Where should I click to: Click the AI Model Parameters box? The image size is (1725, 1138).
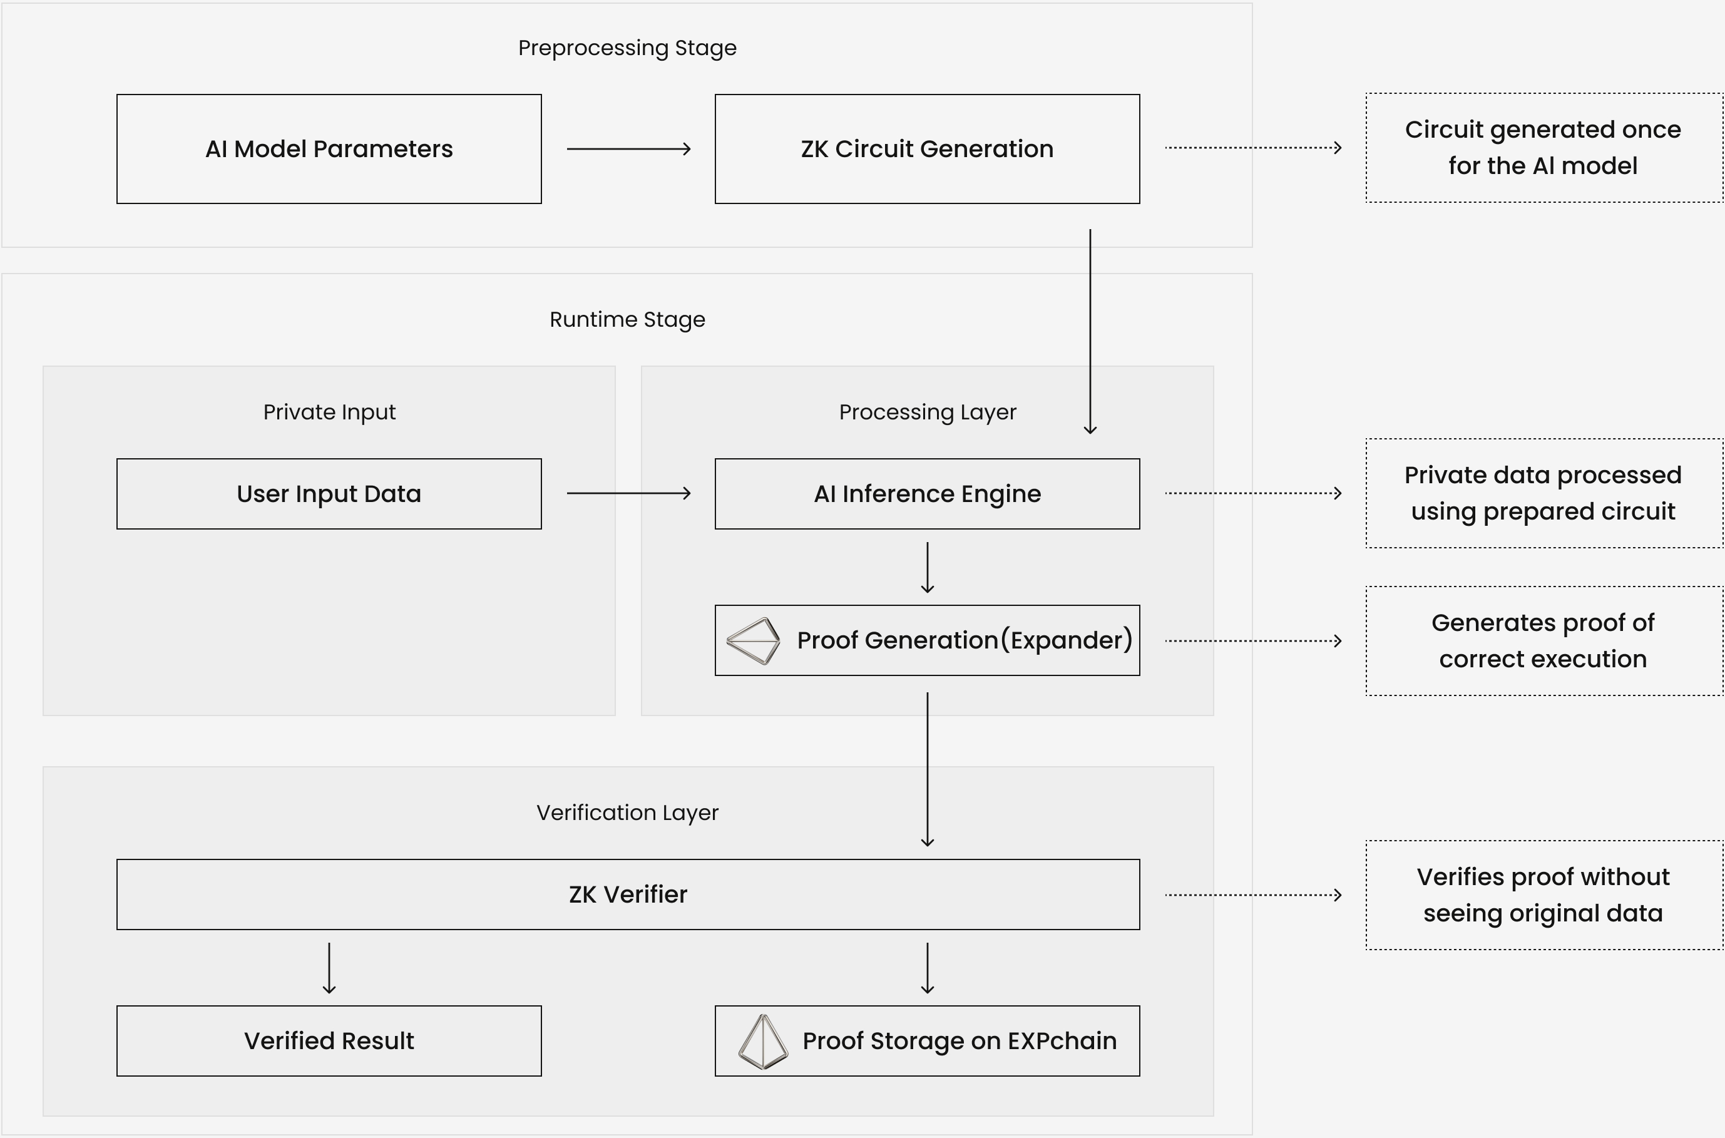coord(329,149)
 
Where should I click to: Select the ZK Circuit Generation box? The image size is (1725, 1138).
coord(927,149)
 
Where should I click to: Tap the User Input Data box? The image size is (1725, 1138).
coord(329,493)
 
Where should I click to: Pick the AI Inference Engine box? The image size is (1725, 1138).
coord(927,493)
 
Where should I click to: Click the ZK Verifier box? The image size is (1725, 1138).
coord(628,894)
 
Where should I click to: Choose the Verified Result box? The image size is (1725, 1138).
coord(329,1041)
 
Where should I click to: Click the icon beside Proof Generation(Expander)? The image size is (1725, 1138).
coord(754,641)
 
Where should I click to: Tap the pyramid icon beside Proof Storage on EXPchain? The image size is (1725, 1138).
coord(763,1042)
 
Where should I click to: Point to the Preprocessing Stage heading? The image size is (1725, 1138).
coord(627,48)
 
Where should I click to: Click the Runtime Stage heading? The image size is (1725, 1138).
coord(627,319)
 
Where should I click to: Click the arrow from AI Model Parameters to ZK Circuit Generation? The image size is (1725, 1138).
coord(628,149)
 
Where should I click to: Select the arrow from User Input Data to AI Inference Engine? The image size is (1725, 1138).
coord(628,493)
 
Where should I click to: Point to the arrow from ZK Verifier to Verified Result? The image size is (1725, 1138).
coord(329,968)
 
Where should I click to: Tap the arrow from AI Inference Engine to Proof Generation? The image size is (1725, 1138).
coord(927,568)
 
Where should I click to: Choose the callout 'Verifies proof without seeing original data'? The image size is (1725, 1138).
coord(1543,895)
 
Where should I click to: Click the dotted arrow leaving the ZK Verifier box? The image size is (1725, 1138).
coord(1252,895)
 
